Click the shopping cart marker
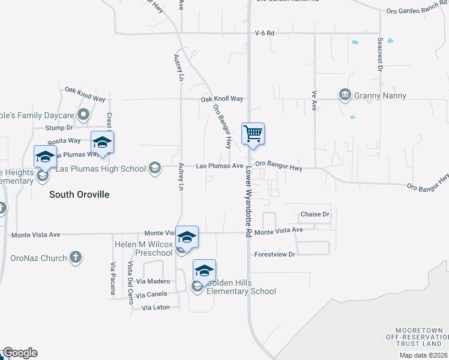(x=253, y=134)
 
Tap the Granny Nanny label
(x=381, y=95)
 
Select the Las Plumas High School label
(x=100, y=169)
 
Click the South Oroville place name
(x=79, y=194)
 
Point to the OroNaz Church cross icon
(x=75, y=258)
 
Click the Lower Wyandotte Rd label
(x=247, y=202)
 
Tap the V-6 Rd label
(x=264, y=34)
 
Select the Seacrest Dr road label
(x=380, y=56)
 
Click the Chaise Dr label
(x=315, y=214)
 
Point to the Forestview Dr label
(x=276, y=254)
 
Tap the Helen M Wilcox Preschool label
(x=143, y=248)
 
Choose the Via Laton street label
(x=156, y=308)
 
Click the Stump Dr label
(x=61, y=128)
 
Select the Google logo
(x=19, y=353)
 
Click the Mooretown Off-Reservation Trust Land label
(x=418, y=337)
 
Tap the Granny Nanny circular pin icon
(x=345, y=95)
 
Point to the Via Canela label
(x=151, y=295)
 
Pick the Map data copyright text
(x=423, y=355)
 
